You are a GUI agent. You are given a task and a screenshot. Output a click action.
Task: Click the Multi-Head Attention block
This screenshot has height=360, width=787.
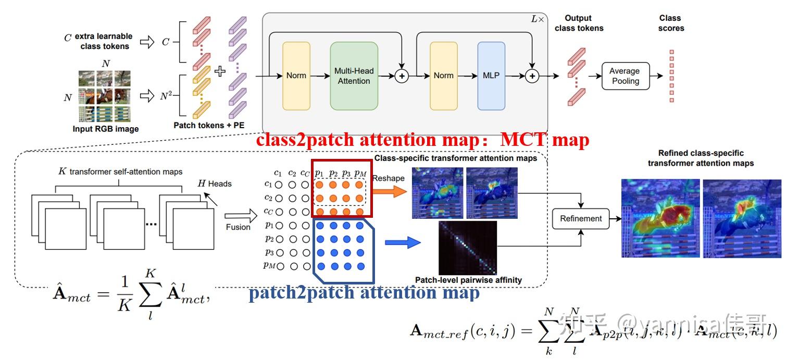click(354, 76)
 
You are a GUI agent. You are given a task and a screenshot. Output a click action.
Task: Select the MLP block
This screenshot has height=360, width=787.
click(491, 76)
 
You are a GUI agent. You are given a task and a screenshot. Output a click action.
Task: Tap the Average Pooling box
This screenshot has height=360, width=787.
click(625, 76)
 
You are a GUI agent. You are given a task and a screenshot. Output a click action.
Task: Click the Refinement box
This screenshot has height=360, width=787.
click(581, 219)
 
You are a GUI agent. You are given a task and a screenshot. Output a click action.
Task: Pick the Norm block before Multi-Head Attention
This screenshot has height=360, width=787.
click(296, 76)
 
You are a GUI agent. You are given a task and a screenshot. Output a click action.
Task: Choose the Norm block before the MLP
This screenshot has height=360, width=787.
click(443, 76)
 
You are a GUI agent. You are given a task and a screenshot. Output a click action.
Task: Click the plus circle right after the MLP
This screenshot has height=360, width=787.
click(532, 76)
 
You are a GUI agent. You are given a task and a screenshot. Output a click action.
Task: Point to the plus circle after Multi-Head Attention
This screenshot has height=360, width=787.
click(402, 76)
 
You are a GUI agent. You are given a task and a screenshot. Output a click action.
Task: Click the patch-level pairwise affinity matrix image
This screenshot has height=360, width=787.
click(467, 247)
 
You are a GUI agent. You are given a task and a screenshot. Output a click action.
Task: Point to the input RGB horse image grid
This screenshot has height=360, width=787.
click(105, 96)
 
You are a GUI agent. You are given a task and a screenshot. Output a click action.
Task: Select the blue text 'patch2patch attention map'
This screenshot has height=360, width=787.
click(364, 292)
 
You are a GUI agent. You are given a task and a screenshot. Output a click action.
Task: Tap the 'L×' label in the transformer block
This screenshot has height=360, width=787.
click(537, 19)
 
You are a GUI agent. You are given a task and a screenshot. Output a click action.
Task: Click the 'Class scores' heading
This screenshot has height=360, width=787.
click(671, 23)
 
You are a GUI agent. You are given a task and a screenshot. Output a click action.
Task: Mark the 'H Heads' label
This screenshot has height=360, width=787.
click(215, 183)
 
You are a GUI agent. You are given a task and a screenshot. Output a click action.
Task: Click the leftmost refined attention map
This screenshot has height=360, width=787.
click(660, 218)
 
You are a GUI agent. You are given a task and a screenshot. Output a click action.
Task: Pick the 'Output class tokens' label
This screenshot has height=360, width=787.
click(579, 23)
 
